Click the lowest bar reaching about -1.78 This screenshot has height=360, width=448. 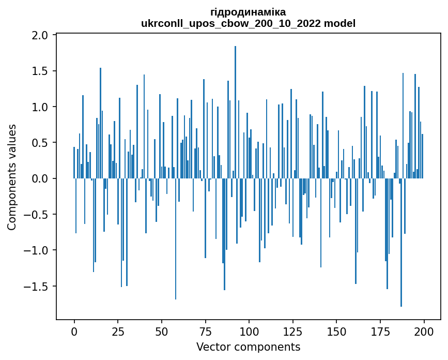click(401, 243)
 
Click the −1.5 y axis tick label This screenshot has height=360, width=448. click(38, 287)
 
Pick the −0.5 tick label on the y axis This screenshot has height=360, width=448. click(38, 215)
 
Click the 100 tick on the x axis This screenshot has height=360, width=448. click(249, 331)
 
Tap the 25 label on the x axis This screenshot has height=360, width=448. click(118, 331)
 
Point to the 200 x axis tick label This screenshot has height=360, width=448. click(424, 331)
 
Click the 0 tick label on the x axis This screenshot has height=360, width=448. click(74, 331)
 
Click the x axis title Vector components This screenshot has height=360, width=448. click(248, 347)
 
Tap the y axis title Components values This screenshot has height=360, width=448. click(12, 177)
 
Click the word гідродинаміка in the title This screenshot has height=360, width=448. click(248, 12)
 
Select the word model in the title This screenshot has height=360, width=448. click(339, 23)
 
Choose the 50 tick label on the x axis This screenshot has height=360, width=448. click(162, 331)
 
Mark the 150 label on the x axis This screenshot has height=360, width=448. click(336, 331)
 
